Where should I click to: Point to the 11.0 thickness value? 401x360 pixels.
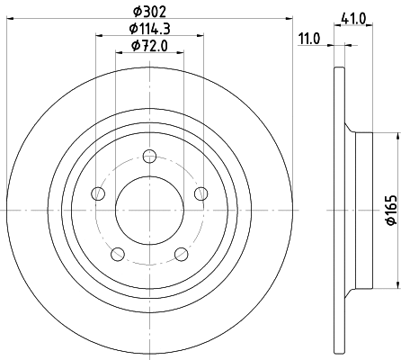tap(310, 39)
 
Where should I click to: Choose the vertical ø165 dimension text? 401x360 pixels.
tap(390, 210)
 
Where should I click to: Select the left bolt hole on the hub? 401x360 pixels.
tap(98, 193)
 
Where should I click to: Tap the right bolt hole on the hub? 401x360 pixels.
tap(200, 193)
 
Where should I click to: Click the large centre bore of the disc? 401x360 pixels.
tap(149, 210)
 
